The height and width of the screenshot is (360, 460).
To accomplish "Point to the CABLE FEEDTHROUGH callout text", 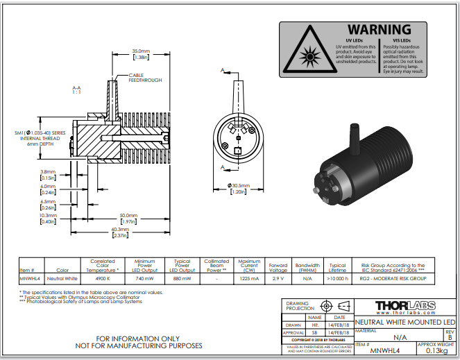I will click(145, 78).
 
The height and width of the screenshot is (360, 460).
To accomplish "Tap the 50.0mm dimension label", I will click(128, 215).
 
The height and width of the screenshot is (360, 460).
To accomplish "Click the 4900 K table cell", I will click(102, 277).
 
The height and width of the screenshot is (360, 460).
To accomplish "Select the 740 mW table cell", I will click(144, 277).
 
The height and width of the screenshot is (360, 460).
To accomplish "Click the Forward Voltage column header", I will click(278, 267).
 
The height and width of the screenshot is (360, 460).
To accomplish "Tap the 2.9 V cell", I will click(278, 277).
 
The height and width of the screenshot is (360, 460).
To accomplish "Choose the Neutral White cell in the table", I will click(62, 277).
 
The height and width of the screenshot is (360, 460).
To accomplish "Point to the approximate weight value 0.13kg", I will click(435, 351).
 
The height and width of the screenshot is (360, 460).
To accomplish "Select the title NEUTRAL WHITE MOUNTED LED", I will click(395, 323).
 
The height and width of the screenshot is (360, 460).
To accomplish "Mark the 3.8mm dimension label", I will click(48, 172).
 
